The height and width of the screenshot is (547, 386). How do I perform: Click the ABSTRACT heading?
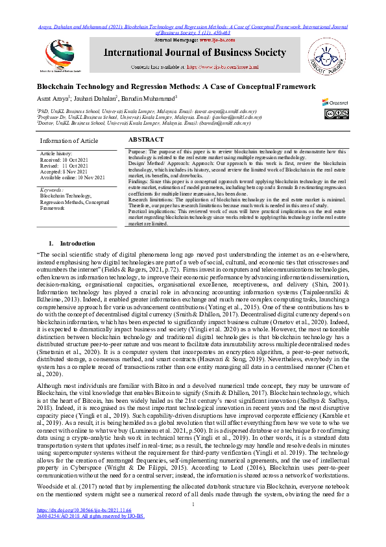[x=146, y=140]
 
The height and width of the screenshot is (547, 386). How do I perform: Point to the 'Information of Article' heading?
[x=69, y=141]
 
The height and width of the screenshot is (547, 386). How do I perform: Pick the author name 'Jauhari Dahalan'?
[x=98, y=98]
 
